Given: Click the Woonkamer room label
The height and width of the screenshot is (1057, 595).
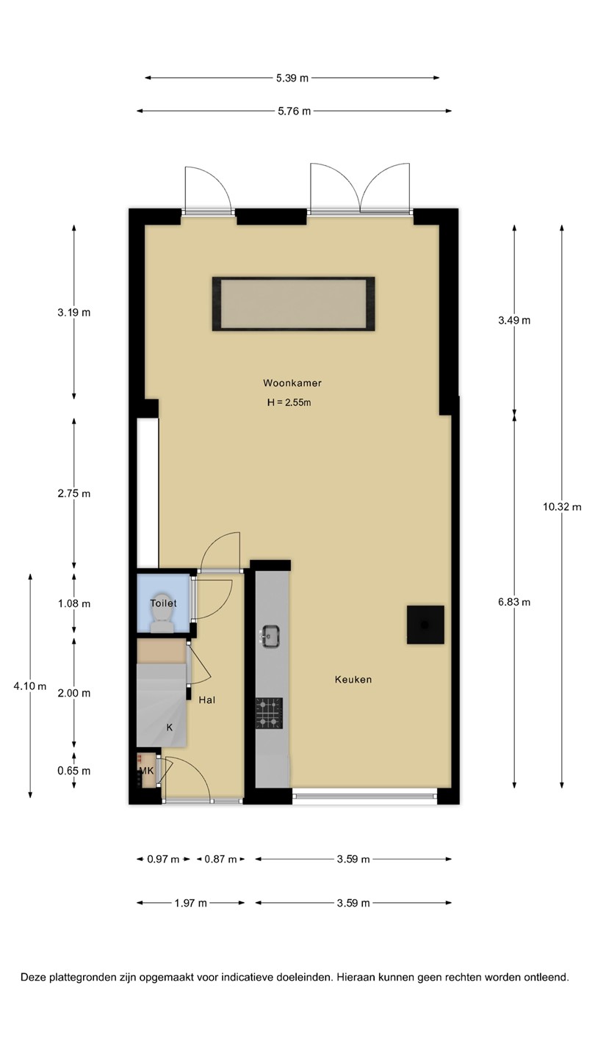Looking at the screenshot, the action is (x=292, y=382).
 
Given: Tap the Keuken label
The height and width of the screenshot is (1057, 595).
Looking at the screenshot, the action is (x=353, y=680).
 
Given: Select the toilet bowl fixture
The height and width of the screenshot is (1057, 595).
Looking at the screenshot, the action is (x=162, y=613).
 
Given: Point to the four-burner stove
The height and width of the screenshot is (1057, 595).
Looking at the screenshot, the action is (x=269, y=713).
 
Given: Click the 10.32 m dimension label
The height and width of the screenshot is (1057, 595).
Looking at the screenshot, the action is (x=562, y=507).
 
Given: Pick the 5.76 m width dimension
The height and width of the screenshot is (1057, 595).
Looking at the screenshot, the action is (x=294, y=112).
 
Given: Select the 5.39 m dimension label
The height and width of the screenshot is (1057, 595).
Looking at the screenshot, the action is (x=292, y=79).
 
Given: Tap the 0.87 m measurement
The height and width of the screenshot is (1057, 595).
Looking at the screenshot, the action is (x=220, y=860).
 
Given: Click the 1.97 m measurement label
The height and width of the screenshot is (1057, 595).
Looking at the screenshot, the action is (x=191, y=903).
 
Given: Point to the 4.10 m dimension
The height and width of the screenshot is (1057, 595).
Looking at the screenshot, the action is (x=29, y=686).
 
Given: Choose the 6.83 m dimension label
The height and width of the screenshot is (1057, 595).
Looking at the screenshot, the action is (x=514, y=602).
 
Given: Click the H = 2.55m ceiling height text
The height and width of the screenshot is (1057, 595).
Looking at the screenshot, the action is (x=289, y=402).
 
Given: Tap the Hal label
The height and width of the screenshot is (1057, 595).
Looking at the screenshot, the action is (x=207, y=700).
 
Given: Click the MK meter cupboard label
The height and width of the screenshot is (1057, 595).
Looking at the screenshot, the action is (x=146, y=771).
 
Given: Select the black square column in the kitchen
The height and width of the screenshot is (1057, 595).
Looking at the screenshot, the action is (x=425, y=625).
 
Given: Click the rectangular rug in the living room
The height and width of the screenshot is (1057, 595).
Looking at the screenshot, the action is (x=293, y=304).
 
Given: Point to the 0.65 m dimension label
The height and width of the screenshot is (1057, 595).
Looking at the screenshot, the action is (x=74, y=771).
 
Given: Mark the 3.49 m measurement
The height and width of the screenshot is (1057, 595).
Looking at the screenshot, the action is (x=514, y=320).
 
